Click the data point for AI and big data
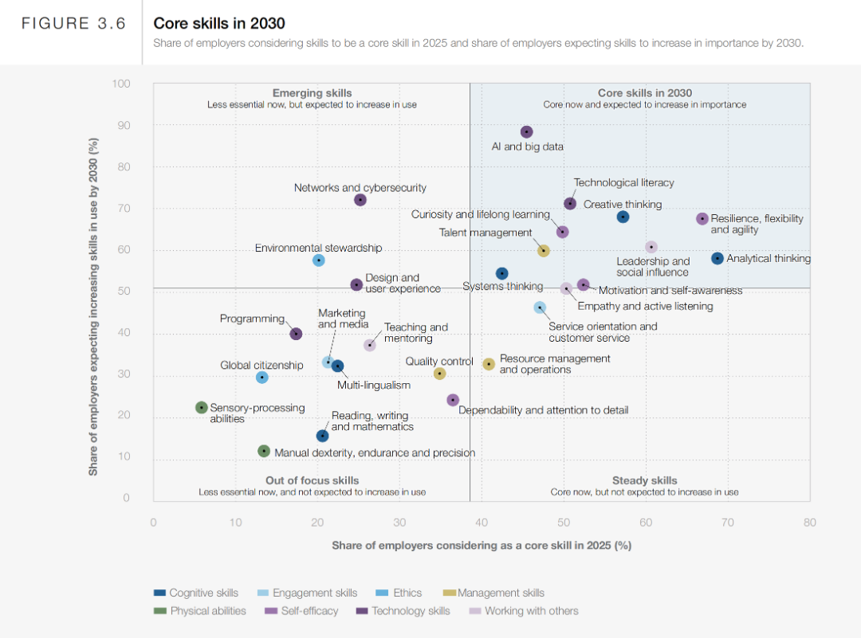click(526, 132)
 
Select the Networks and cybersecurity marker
click(360, 200)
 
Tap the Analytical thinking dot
click(717, 258)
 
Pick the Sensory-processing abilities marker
click(202, 408)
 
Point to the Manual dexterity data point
click(264, 451)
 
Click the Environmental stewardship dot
click(319, 260)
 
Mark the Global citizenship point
click(262, 378)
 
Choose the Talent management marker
click(544, 251)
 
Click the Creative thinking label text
click(623, 205)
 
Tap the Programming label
click(252, 319)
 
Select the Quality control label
click(439, 362)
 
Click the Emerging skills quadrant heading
click(312, 93)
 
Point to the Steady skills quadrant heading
click(644, 480)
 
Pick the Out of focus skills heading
click(312, 480)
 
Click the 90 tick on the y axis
click(123, 126)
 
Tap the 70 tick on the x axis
click(728, 523)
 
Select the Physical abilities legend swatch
click(160, 611)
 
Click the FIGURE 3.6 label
click(73, 24)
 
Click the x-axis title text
click(482, 546)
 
